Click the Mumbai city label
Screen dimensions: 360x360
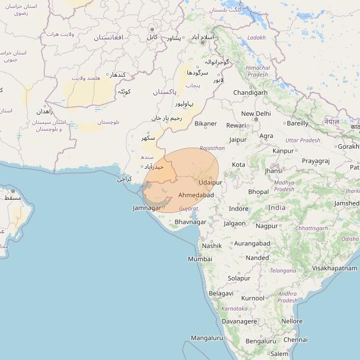200,259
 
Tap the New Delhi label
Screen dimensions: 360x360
256,114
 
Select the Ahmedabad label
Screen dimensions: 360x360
196,195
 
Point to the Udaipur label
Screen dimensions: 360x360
211,182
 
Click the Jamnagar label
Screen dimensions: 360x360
146,208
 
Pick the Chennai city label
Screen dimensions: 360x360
295,340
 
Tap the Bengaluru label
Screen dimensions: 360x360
261,341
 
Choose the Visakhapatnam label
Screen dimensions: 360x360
334,268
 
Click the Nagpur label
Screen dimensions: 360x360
267,225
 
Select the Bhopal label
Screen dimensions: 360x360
258,192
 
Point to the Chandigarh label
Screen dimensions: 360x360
250,93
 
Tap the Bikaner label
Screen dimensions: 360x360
206,123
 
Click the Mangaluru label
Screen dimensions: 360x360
207,338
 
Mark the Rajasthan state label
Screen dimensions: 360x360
212,148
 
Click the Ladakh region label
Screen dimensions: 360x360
256,37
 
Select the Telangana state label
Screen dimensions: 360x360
283,271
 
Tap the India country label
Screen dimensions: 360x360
277,208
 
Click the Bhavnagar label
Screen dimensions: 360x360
190,221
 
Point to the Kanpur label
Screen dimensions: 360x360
283,151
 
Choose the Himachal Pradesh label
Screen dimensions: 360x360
257,71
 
